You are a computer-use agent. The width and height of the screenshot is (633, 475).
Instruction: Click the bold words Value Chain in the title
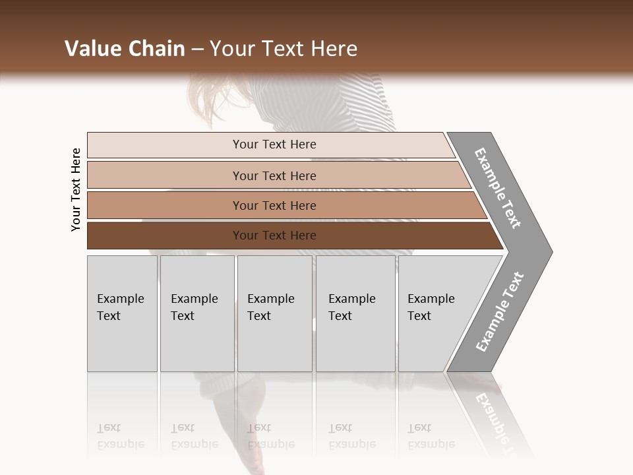pyautogui.click(x=125, y=49)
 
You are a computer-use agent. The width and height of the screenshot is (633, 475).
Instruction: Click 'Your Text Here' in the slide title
pyautogui.click(x=284, y=49)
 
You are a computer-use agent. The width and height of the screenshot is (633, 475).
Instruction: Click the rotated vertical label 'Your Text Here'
pyautogui.click(x=76, y=189)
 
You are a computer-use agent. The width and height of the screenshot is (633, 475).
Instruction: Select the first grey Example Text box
pyautogui.click(x=122, y=313)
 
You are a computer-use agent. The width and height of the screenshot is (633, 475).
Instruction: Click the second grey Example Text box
pyautogui.click(x=197, y=313)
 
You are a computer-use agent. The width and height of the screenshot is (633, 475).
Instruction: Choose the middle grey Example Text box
pyautogui.click(x=274, y=313)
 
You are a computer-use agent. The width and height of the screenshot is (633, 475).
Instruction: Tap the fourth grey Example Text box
pyautogui.click(x=355, y=313)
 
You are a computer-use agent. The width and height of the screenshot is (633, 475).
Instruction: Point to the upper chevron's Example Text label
pyautogui.click(x=498, y=187)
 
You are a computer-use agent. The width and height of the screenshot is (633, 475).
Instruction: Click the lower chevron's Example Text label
pyautogui.click(x=499, y=312)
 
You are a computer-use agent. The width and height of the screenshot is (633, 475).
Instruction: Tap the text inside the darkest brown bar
pyautogui.click(x=274, y=236)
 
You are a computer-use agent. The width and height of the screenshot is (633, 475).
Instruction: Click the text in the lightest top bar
pyautogui.click(x=274, y=144)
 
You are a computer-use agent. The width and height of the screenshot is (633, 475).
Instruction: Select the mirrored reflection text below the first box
pyautogui.click(x=120, y=436)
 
